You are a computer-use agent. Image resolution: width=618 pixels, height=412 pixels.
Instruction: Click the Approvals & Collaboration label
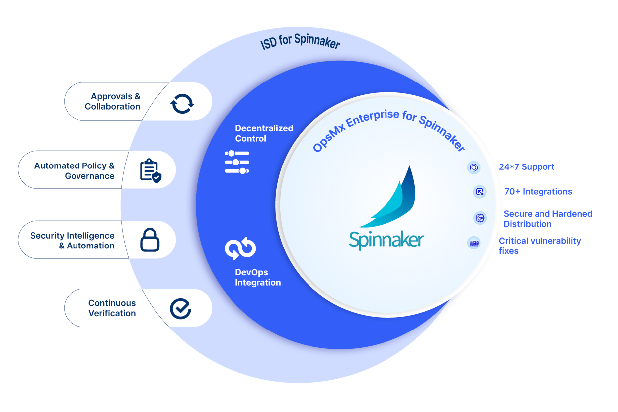pos(113,101)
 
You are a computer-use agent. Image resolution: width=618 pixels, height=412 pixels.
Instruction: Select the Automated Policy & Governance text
pos(75,170)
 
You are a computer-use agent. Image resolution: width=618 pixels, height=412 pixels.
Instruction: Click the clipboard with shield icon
pos(150,170)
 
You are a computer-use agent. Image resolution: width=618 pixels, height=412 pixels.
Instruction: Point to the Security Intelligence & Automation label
pos(73,241)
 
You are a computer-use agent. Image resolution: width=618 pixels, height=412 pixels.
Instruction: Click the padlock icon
pos(150,240)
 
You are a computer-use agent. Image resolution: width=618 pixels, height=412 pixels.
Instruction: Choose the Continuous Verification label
pos(112,308)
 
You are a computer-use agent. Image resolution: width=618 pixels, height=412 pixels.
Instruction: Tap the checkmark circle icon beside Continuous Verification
pos(180,309)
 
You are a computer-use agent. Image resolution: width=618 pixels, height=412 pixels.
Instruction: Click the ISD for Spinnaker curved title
pos(301,42)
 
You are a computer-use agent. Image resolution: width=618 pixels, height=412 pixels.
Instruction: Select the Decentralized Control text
pos(264,133)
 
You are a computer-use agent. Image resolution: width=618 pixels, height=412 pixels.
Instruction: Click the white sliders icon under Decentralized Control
pos(237,162)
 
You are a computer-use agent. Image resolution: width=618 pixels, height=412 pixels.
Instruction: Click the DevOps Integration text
pos(258,277)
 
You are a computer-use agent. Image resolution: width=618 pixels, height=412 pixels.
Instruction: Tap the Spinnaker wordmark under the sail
pos(386,239)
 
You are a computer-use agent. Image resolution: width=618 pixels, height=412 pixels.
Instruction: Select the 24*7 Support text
pos(527,167)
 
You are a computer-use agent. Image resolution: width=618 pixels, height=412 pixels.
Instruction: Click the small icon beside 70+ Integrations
pos(480,192)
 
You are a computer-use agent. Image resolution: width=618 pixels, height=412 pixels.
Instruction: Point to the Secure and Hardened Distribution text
pos(548,219)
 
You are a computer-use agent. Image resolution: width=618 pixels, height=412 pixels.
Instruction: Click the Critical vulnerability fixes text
pos(540,246)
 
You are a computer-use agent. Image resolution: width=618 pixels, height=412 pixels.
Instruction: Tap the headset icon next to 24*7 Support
pos(474,167)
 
